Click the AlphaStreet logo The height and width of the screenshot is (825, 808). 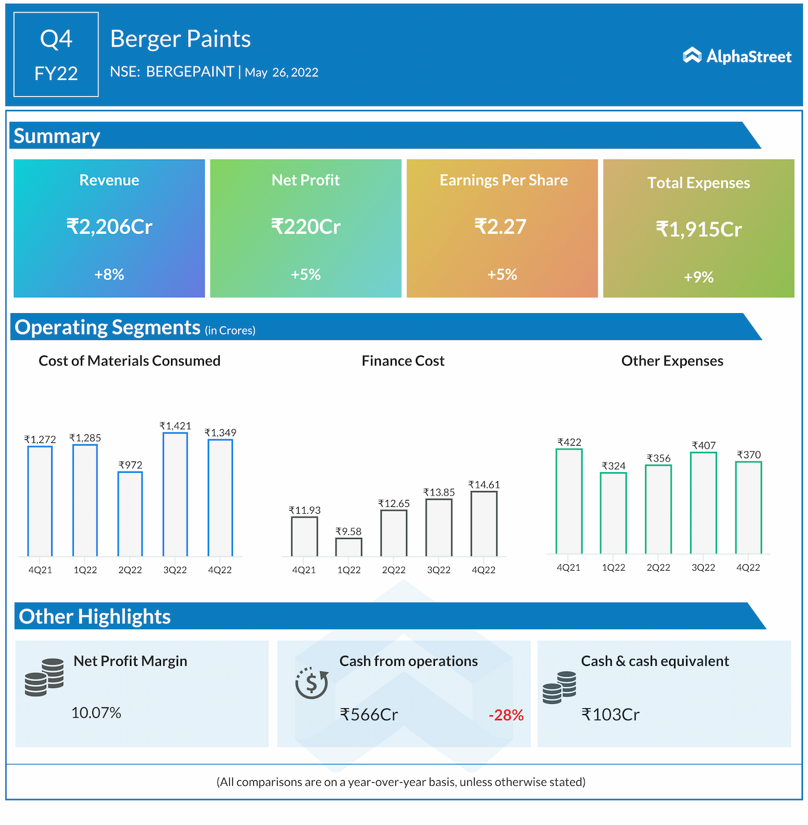[737, 56]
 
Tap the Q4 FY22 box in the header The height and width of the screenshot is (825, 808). [56, 55]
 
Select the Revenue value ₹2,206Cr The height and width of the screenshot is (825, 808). [109, 227]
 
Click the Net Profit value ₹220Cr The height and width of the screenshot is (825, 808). [306, 227]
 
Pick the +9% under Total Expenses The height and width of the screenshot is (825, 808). [699, 277]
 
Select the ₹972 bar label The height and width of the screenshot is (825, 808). [130, 465]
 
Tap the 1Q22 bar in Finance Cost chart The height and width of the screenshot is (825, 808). [348, 547]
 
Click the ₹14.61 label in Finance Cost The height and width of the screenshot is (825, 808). [484, 485]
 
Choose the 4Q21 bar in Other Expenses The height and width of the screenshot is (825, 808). [569, 501]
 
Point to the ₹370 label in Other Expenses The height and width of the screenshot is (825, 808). [749, 454]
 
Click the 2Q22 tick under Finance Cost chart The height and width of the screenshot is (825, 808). [394, 570]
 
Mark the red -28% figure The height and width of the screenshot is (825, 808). [506, 715]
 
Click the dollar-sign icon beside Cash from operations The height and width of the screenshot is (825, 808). [312, 683]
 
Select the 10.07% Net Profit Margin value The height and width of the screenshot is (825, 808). [96, 713]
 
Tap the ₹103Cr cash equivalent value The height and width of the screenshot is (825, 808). [610, 715]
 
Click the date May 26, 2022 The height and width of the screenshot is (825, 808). [282, 73]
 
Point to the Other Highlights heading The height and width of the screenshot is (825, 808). [95, 617]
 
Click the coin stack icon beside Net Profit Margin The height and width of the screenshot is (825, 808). [44, 677]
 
